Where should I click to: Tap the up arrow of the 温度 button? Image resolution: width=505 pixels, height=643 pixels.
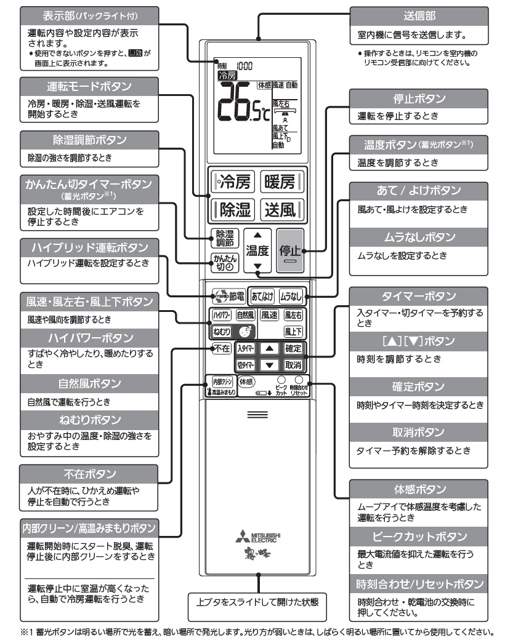(x=257, y=234)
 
